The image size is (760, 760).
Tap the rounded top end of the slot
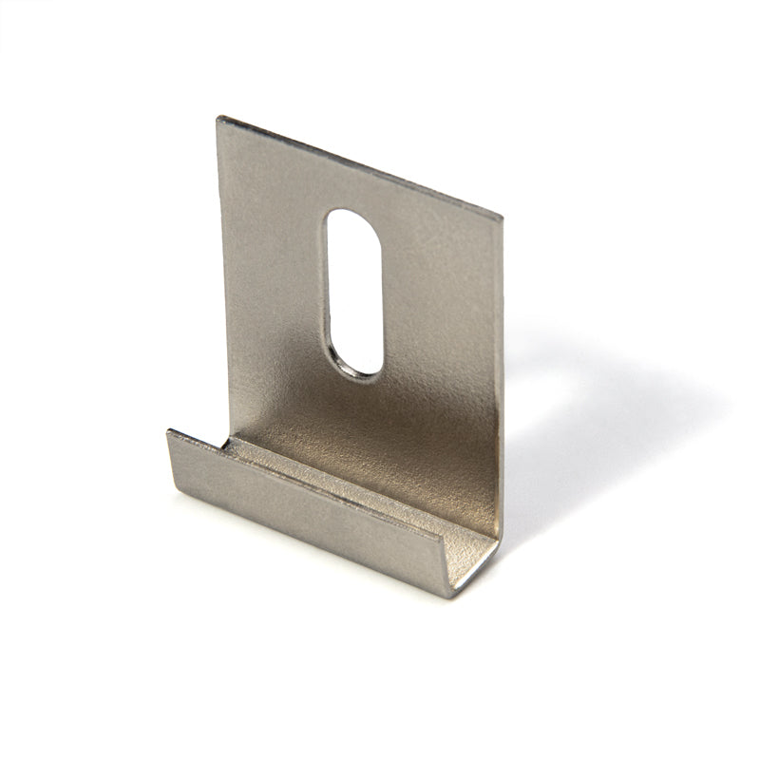[x=352, y=217]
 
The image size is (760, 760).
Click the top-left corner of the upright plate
[x=219, y=119]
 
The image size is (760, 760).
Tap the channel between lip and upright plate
[x=351, y=480]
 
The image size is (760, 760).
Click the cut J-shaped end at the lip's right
[x=475, y=565]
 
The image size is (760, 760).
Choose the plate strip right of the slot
[x=437, y=304]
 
